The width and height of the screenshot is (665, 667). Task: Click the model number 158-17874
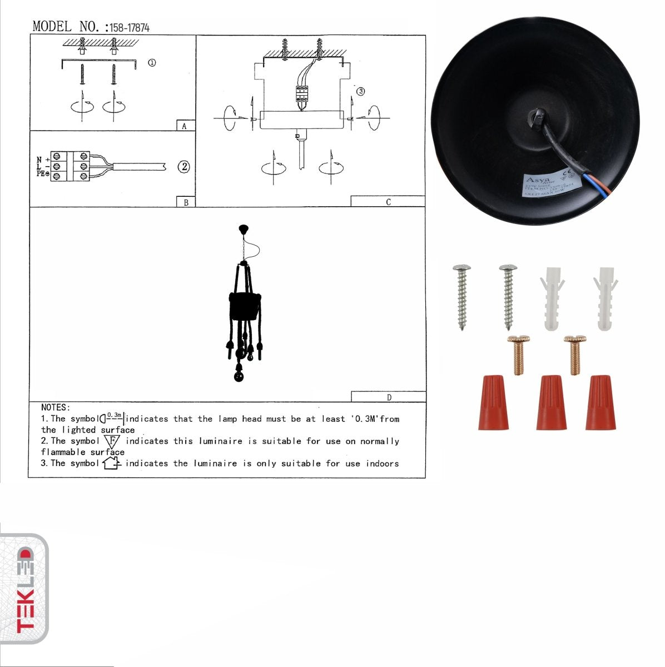pyautogui.click(x=129, y=27)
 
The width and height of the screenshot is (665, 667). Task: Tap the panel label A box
pyautogui.click(x=185, y=126)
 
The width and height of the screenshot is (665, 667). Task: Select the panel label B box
pyautogui.click(x=185, y=202)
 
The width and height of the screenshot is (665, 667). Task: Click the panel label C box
pyautogui.click(x=388, y=202)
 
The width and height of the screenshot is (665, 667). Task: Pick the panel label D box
pyautogui.click(x=388, y=397)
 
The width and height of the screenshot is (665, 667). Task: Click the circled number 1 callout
pyautogui.click(x=151, y=63)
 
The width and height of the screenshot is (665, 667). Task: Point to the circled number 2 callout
pyautogui.click(x=183, y=166)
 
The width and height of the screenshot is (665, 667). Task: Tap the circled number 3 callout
pyautogui.click(x=360, y=91)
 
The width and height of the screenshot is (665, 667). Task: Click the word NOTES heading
pyautogui.click(x=55, y=407)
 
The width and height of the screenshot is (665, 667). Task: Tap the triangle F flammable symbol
pyautogui.click(x=112, y=442)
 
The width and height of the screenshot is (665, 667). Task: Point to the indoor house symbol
pyautogui.click(x=111, y=462)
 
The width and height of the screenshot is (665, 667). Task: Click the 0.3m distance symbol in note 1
pyautogui.click(x=112, y=417)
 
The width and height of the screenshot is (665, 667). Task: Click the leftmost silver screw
pyautogui.click(x=461, y=297)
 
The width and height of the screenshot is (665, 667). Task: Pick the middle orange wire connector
pyautogui.click(x=551, y=402)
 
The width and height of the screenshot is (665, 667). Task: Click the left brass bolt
pyautogui.click(x=518, y=355)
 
